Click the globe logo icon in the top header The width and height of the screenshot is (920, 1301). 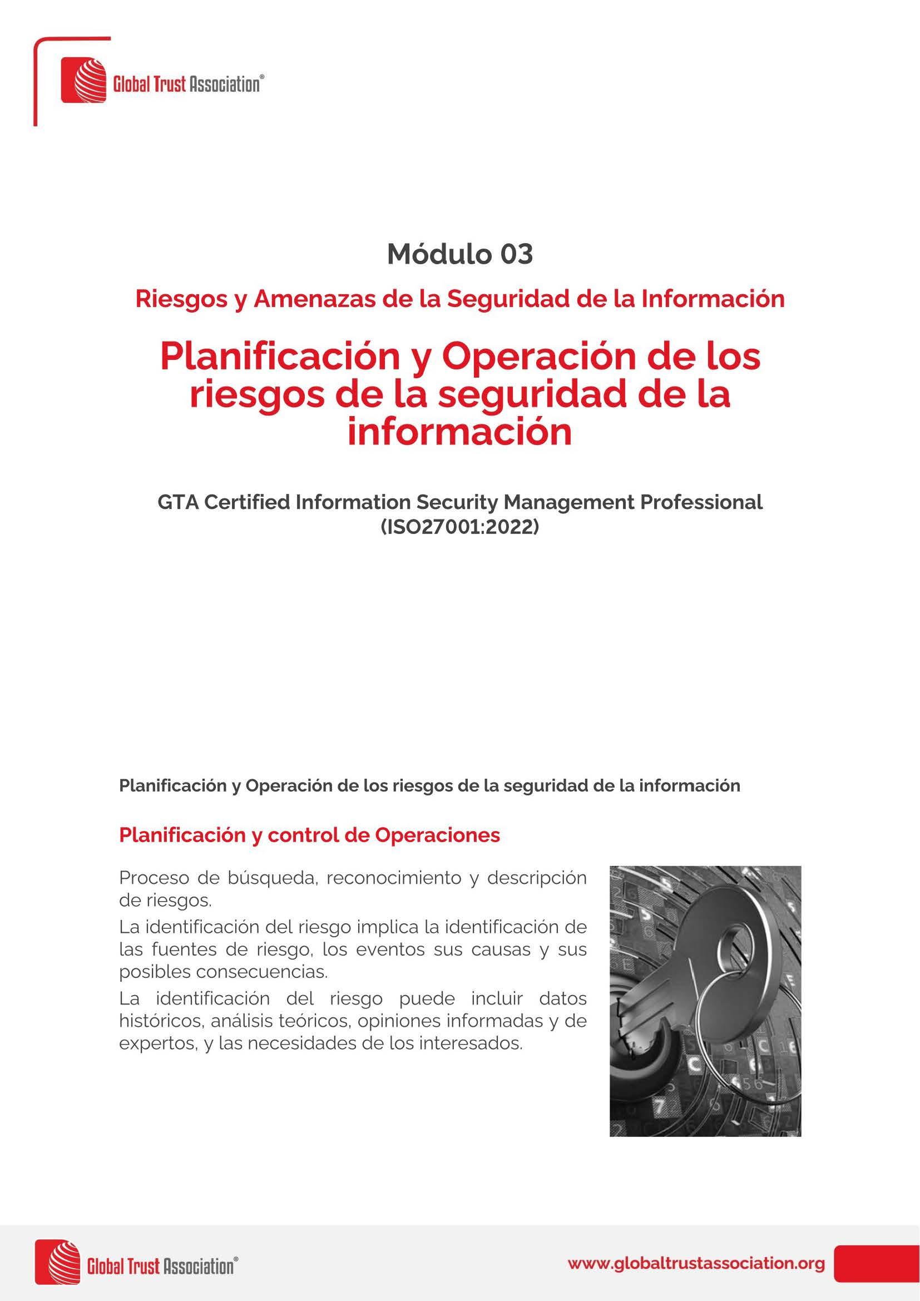(84, 80)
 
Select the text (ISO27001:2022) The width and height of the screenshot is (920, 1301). (459, 527)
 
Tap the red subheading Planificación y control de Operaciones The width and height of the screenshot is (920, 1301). (309, 835)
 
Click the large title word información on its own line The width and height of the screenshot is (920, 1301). (459, 432)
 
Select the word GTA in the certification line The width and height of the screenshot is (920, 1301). (177, 502)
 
